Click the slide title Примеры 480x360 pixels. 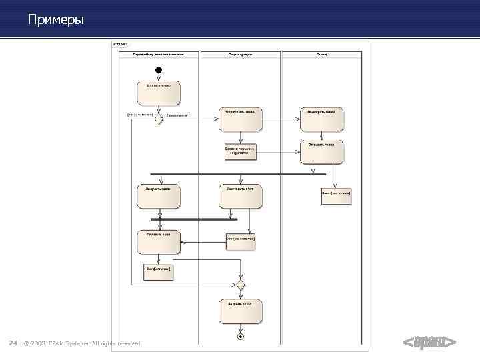[x=56, y=20]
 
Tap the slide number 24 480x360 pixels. [x=12, y=343]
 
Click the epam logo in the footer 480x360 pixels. [x=429, y=343]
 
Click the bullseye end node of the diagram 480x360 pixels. [x=240, y=337]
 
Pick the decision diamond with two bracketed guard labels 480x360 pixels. [x=159, y=119]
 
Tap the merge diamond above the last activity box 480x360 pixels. [x=240, y=285]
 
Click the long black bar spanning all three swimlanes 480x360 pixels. [x=238, y=175]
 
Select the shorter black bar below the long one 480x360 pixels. [x=193, y=219]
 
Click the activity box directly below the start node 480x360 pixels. [x=159, y=93]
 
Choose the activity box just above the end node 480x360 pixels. [x=240, y=311]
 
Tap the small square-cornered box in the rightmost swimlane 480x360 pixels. [x=335, y=197]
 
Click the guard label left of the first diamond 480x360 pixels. [x=140, y=114]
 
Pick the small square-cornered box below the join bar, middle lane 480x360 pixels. [x=240, y=241]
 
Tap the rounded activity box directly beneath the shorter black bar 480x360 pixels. [x=159, y=241]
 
